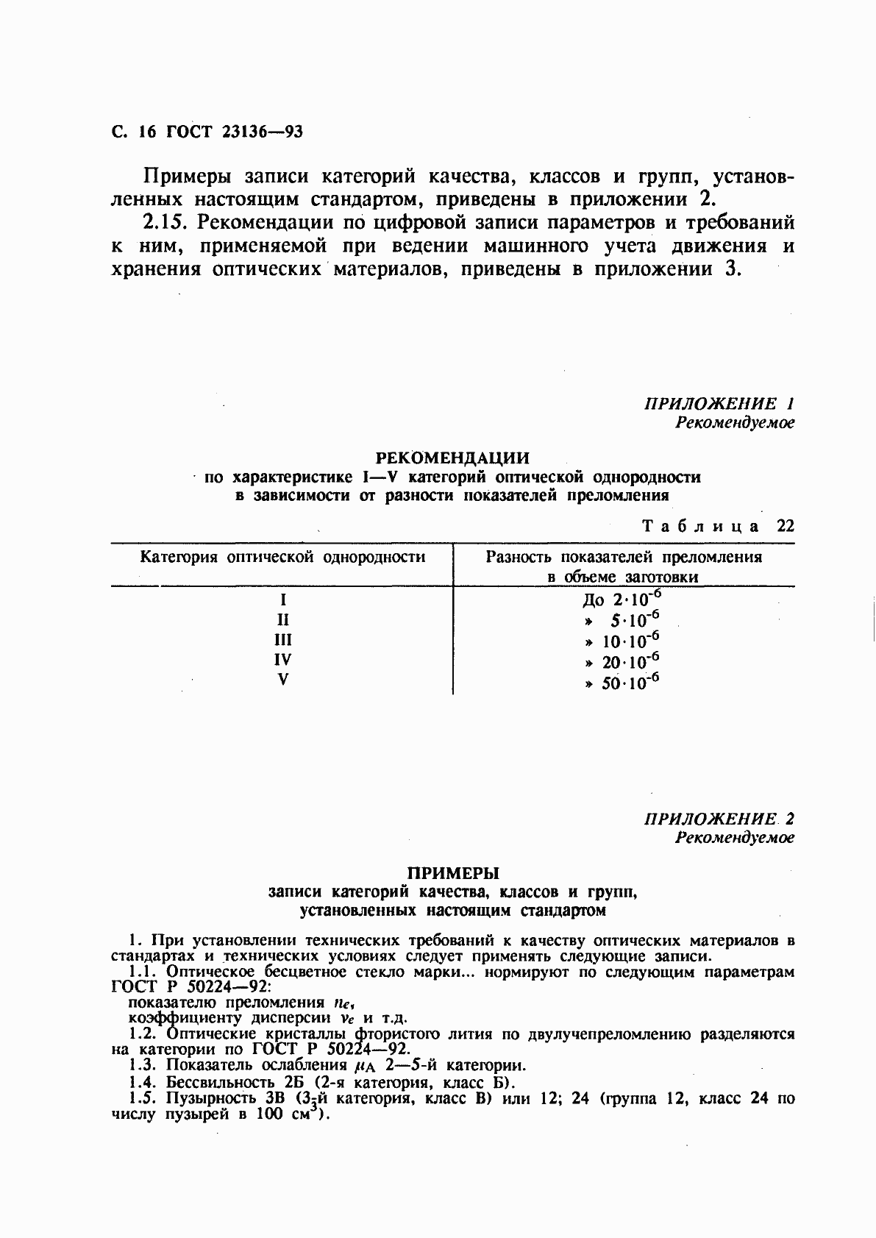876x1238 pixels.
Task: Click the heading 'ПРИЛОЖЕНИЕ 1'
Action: (x=719, y=403)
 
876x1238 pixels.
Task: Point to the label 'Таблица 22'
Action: (x=718, y=526)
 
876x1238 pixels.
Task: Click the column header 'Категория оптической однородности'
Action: (x=282, y=557)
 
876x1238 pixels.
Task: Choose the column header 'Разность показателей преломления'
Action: (x=623, y=557)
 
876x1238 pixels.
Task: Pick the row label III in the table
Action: (x=282, y=639)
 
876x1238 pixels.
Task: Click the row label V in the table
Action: (x=282, y=679)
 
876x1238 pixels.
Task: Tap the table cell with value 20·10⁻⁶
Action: (x=622, y=661)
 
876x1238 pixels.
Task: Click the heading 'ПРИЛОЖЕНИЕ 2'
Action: (x=719, y=819)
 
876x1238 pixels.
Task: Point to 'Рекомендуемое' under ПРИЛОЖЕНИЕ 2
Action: (x=735, y=838)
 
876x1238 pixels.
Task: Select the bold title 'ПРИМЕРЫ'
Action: (x=453, y=873)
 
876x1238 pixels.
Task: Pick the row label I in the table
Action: (x=282, y=599)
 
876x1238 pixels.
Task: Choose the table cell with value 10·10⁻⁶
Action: (x=622, y=641)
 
